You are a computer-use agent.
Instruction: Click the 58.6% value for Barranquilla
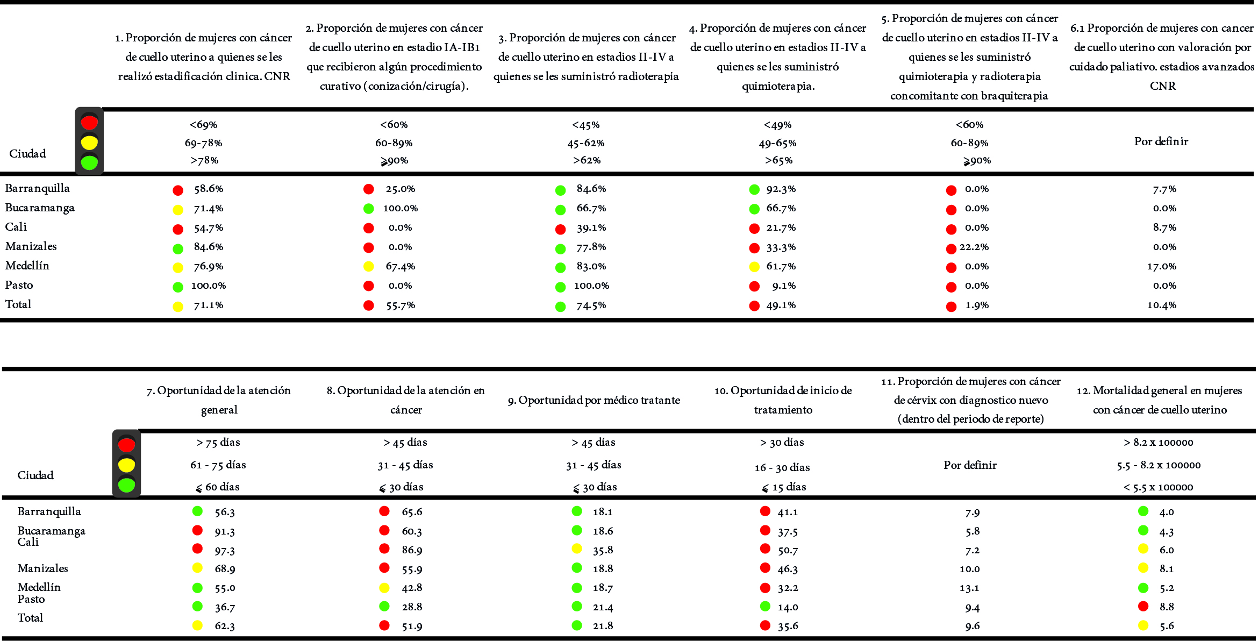pyautogui.click(x=209, y=189)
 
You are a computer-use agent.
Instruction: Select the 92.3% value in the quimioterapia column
pyautogui.click(x=781, y=189)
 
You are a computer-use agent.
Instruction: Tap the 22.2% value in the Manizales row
pyautogui.click(x=974, y=247)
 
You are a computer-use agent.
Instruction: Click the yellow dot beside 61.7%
pyautogui.click(x=754, y=267)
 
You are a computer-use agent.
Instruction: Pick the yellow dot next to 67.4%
pyautogui.click(x=368, y=266)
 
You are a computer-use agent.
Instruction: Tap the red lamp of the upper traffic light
pyautogui.click(x=89, y=123)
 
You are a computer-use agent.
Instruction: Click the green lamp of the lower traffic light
pyautogui.click(x=126, y=485)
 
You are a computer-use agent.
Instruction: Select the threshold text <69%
pyautogui.click(x=203, y=125)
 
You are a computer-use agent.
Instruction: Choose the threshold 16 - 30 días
pyautogui.click(x=782, y=467)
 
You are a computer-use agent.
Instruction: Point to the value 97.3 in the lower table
pyautogui.click(x=225, y=551)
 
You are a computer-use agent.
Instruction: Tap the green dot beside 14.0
pyautogui.click(x=765, y=607)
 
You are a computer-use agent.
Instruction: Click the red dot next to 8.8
pyautogui.click(x=1143, y=607)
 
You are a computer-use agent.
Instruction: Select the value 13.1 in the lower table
pyautogui.click(x=969, y=588)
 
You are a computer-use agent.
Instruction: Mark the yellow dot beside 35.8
pyautogui.click(x=577, y=549)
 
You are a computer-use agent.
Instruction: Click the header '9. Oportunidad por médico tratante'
pyautogui.click(x=594, y=400)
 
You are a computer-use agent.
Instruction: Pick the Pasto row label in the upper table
pyautogui.click(x=19, y=285)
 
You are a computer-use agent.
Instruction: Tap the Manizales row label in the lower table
pyautogui.click(x=43, y=568)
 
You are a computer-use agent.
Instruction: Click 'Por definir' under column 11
pyautogui.click(x=970, y=465)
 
